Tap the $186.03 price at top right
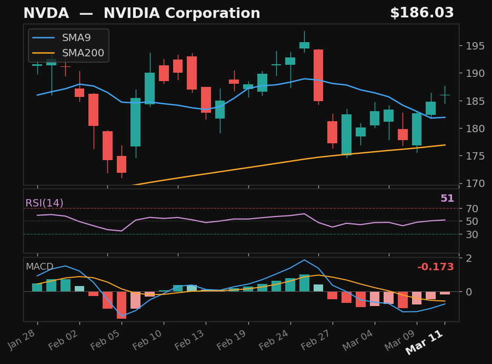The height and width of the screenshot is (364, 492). [x=421, y=14]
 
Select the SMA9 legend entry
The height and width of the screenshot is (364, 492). [x=76, y=38]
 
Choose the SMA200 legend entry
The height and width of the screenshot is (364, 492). [x=83, y=53]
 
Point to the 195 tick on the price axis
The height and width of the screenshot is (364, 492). [x=471, y=46]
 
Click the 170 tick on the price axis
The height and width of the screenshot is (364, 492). [x=471, y=184]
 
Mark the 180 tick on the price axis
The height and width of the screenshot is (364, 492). [x=471, y=129]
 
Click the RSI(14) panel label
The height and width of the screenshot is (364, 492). [x=44, y=203]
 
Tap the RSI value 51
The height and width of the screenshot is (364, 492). [x=447, y=199]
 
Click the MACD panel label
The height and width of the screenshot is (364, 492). [x=39, y=267]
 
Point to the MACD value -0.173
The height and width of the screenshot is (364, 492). [x=435, y=268]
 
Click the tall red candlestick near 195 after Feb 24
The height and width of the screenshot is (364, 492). [x=318, y=75]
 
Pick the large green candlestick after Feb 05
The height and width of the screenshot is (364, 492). [x=135, y=122]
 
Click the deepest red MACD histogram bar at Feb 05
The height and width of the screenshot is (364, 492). [x=122, y=305]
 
